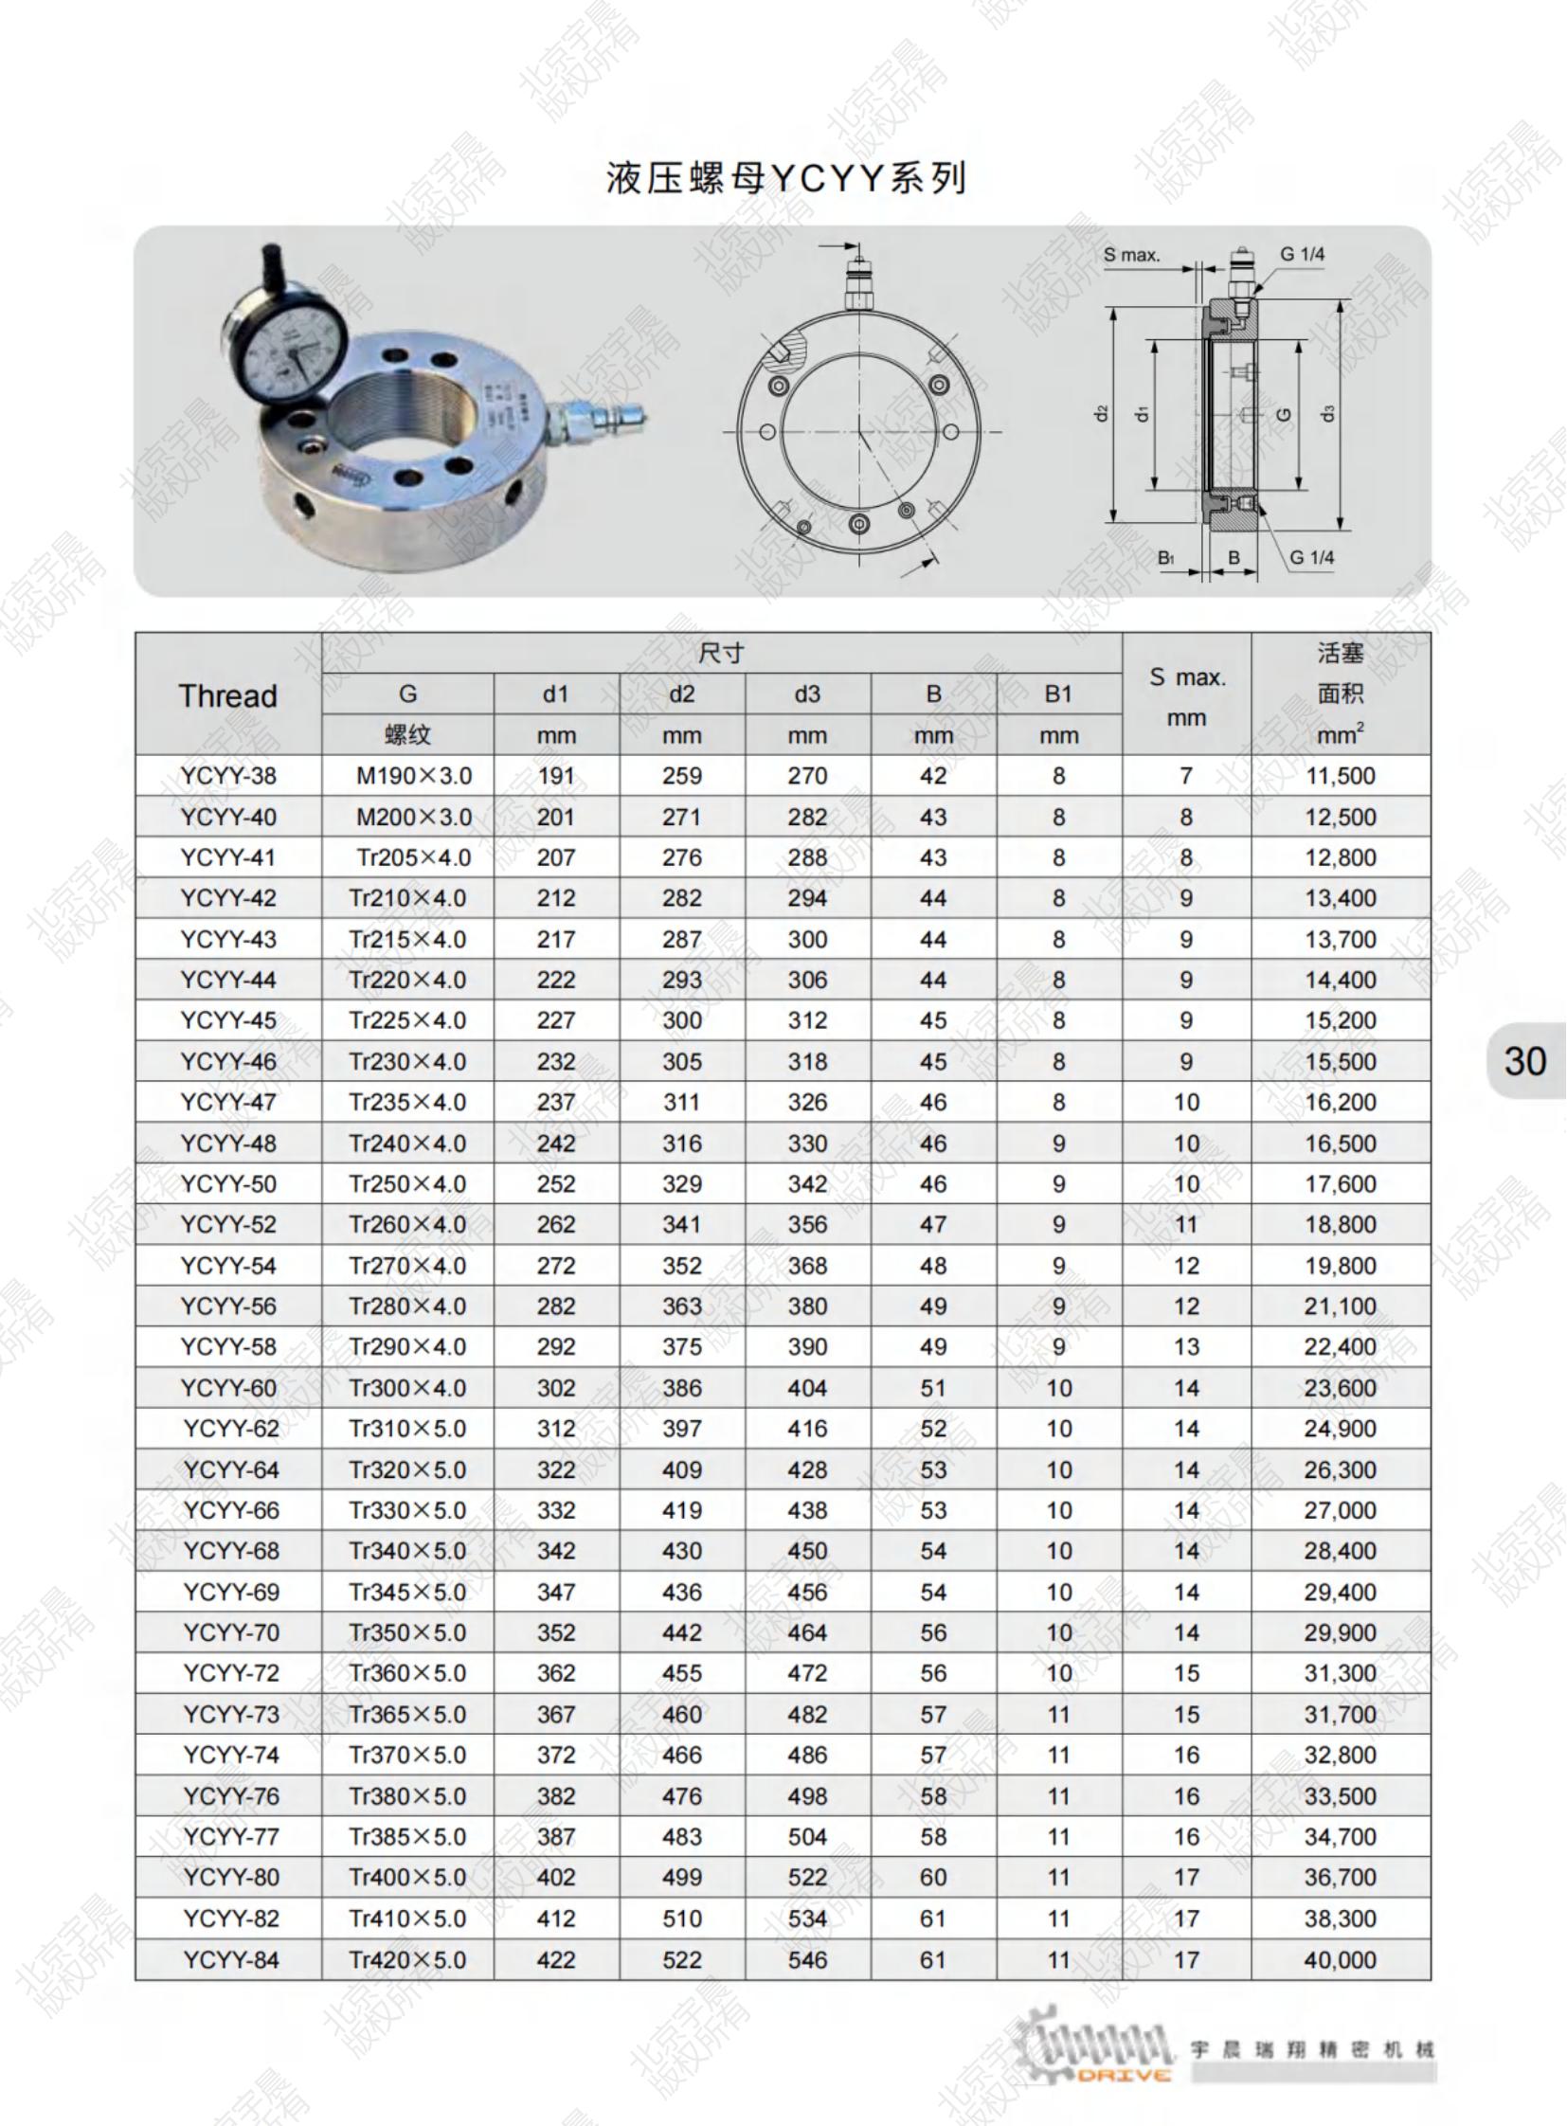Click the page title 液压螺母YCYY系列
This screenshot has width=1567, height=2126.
[785, 177]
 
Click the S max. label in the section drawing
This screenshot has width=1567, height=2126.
[1130, 255]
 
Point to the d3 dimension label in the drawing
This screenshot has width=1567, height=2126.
[1328, 414]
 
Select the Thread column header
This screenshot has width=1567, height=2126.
[227, 695]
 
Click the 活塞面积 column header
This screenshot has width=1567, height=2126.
[1340, 694]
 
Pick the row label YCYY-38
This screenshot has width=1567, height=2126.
[228, 776]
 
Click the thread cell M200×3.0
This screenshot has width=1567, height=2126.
[414, 817]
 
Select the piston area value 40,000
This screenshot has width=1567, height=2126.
[1340, 1960]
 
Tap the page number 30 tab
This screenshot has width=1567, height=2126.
[1524, 1060]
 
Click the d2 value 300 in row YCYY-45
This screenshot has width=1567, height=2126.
[682, 1020]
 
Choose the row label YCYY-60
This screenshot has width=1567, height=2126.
[228, 1388]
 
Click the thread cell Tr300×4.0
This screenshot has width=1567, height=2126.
[408, 1388]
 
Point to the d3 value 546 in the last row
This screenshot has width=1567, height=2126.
[807, 1960]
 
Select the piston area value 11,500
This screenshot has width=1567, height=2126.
[1340, 776]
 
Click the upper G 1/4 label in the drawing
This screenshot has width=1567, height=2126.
[1302, 254]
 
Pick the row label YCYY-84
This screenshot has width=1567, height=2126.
[231, 1960]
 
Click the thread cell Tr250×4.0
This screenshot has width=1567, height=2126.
[408, 1184]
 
